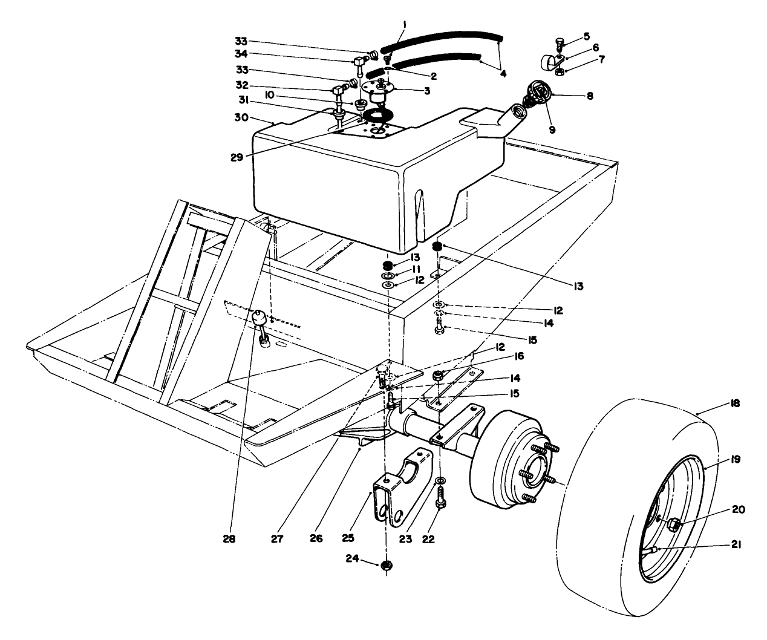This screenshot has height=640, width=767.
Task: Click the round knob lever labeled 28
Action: [259, 316]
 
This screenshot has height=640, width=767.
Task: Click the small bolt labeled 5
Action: [559, 44]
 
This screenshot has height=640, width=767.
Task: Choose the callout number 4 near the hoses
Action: [504, 73]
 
